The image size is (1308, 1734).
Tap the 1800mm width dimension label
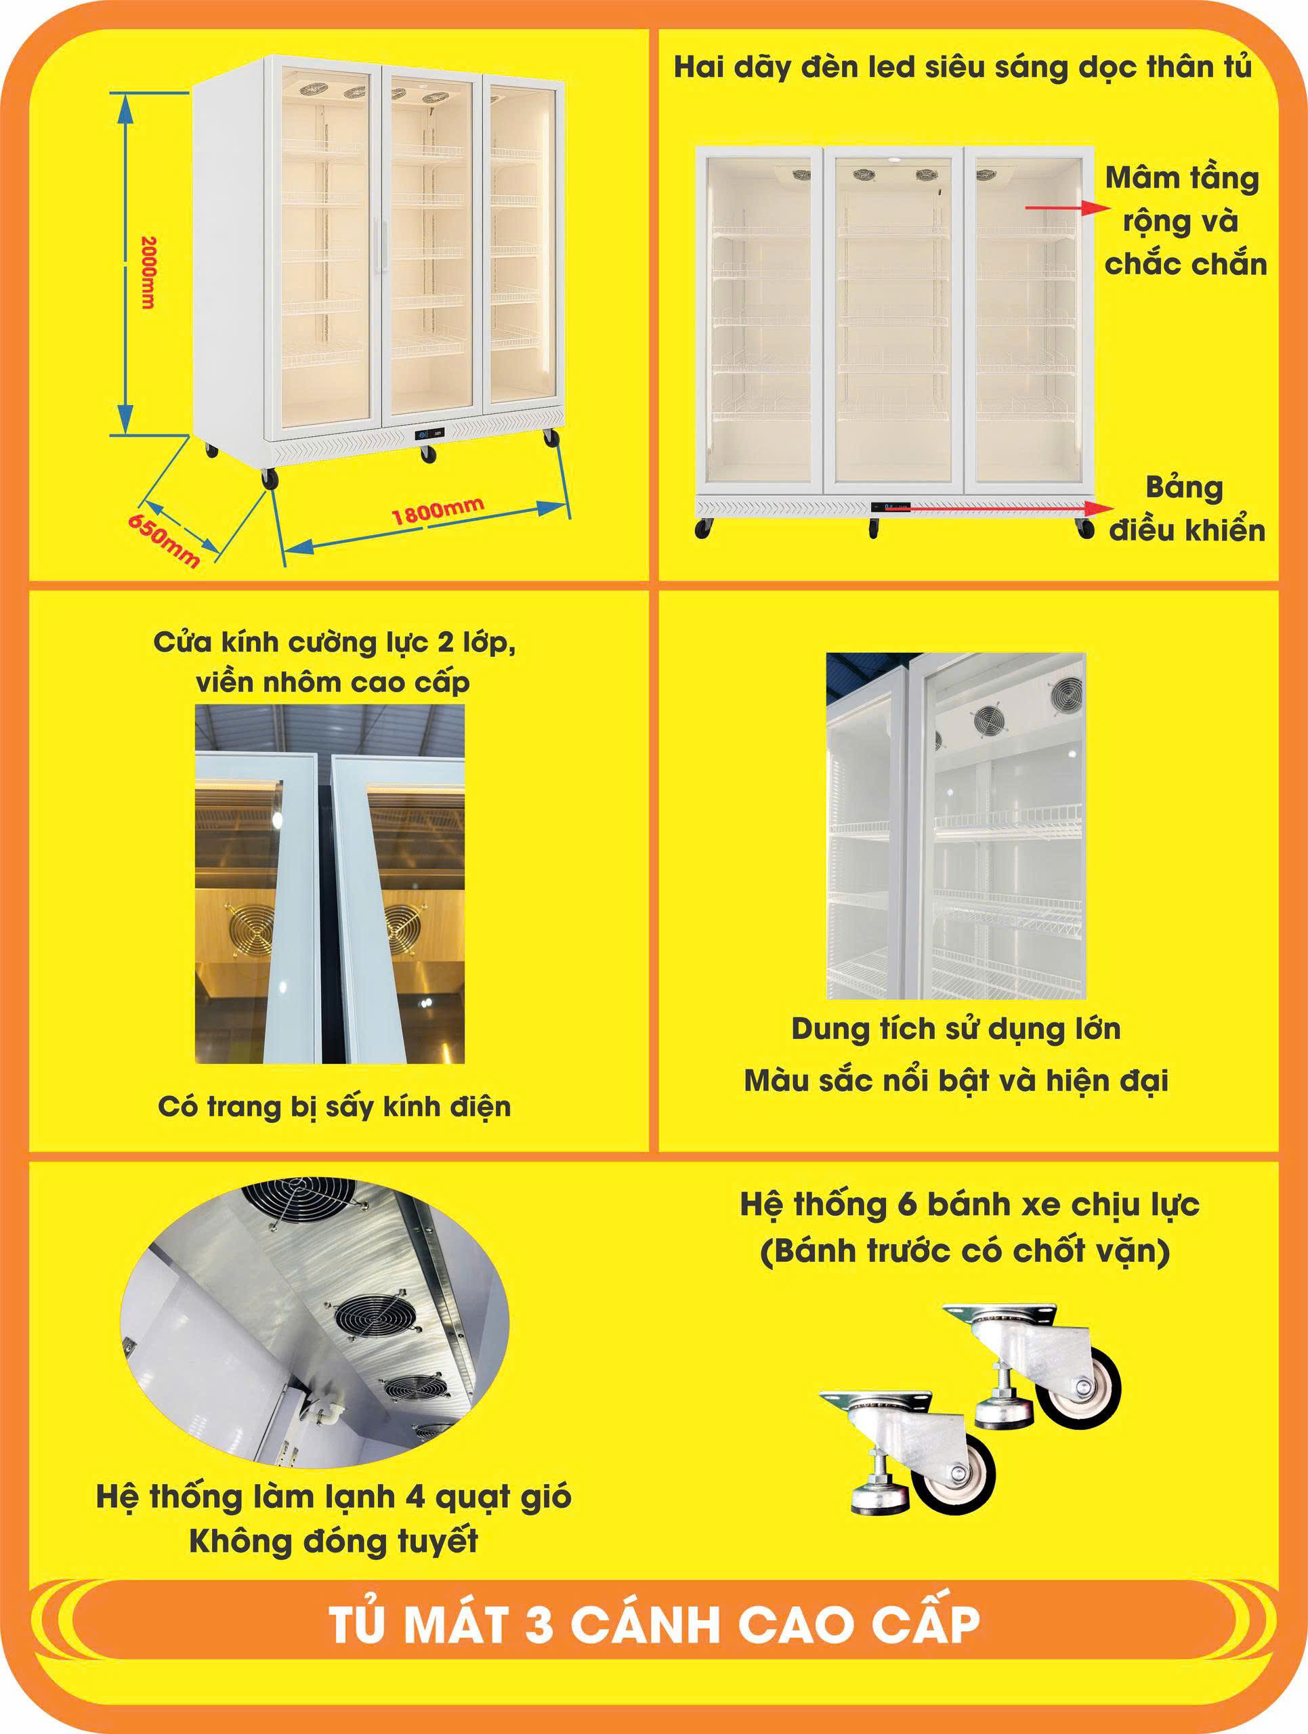438,511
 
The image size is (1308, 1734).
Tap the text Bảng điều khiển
1186,509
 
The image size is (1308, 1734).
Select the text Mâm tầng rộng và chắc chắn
1185,221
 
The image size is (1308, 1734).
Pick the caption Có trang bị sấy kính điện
335,1107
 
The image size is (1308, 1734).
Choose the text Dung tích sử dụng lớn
955,1030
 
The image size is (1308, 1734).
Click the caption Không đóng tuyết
334,1541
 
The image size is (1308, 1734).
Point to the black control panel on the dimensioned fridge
429,433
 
